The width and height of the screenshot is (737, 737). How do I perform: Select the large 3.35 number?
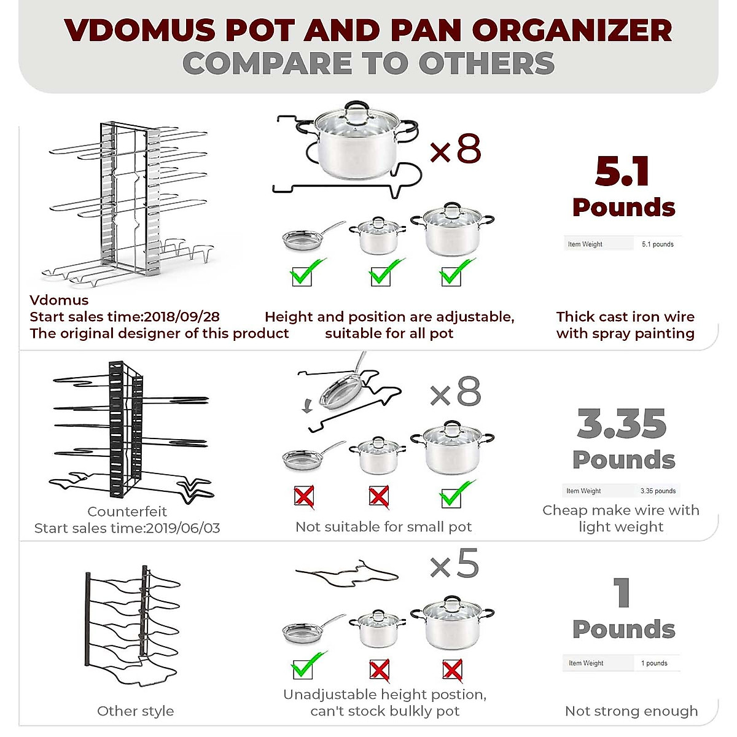click(x=622, y=424)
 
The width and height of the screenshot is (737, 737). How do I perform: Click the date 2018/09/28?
click(x=181, y=317)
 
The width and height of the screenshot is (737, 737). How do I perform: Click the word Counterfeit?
click(x=127, y=512)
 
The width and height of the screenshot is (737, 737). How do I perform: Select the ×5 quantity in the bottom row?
click(x=454, y=565)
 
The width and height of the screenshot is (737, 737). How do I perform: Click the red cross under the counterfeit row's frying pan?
click(x=304, y=496)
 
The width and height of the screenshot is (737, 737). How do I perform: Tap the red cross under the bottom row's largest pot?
click(x=453, y=670)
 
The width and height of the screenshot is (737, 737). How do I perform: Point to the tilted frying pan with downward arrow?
click(x=341, y=388)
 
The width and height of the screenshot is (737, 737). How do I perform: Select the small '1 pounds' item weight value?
click(x=654, y=663)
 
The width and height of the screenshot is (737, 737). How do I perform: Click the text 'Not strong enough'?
click(x=631, y=711)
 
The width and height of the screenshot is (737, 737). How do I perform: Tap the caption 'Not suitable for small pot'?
click(x=383, y=527)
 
